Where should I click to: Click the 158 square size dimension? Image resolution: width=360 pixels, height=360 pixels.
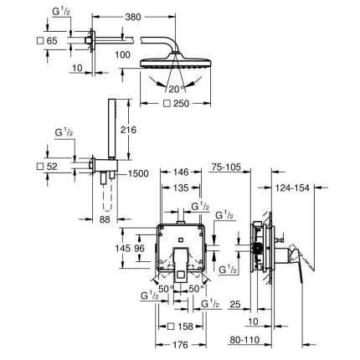pyautogui.click(x=186, y=325)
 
